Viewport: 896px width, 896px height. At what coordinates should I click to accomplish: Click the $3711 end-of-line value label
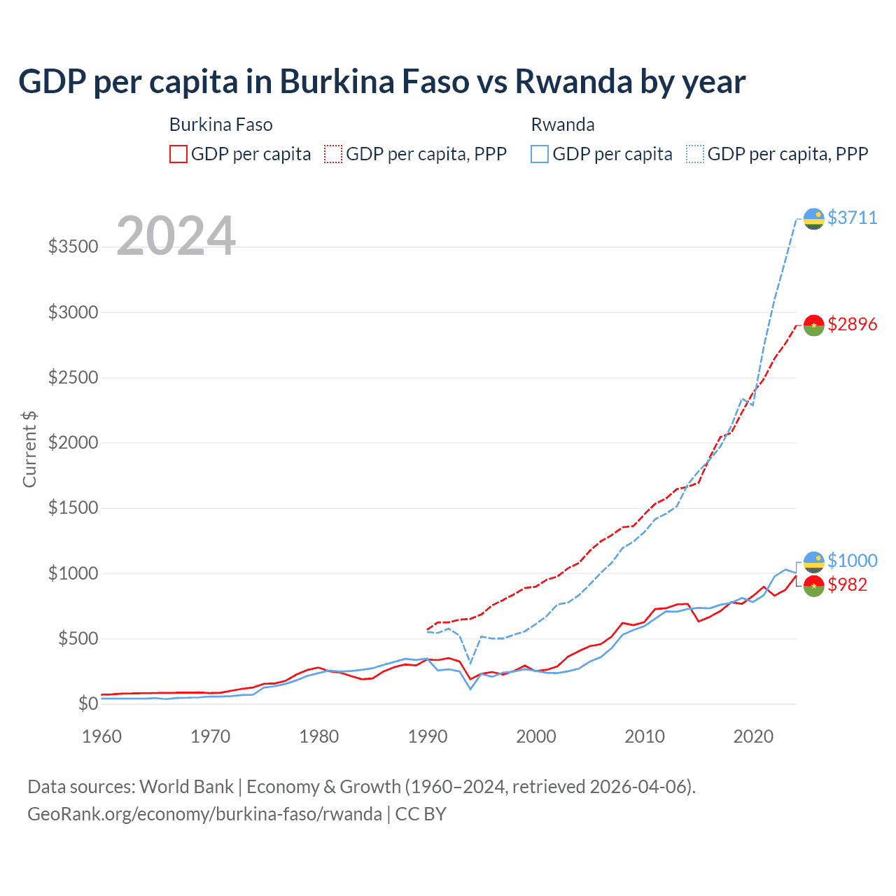coord(852,218)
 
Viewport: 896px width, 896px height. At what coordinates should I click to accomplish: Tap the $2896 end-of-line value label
coord(852,324)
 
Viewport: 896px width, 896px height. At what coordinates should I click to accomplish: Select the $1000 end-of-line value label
coord(852,561)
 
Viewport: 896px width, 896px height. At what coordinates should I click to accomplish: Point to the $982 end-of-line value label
coord(847,584)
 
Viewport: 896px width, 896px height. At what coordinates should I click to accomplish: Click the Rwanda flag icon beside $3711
coord(813,218)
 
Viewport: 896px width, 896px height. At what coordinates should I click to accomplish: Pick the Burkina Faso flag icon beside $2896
coord(813,325)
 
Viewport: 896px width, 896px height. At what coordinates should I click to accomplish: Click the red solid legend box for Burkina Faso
coord(178,154)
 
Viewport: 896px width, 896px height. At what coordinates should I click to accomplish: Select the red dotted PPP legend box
coord(333,154)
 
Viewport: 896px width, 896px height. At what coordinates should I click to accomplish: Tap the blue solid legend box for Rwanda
coord(540,154)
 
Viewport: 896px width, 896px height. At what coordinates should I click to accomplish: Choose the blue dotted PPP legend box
coord(695,154)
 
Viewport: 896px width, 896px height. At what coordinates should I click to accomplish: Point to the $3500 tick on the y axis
coord(73,247)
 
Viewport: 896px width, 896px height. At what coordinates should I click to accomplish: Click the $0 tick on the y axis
coord(87,703)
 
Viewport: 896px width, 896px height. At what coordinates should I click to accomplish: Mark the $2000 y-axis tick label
coord(73,443)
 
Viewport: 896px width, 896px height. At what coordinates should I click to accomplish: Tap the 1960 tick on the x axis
coord(102,736)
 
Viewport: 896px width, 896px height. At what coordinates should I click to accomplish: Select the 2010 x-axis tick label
coord(645,736)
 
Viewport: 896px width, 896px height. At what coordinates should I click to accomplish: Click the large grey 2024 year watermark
coord(176,236)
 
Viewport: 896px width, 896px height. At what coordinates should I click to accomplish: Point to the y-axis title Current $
coord(29,449)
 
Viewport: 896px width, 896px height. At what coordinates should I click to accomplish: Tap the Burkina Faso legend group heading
coord(221,125)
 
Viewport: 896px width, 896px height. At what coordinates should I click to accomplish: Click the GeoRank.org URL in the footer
coord(204,814)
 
